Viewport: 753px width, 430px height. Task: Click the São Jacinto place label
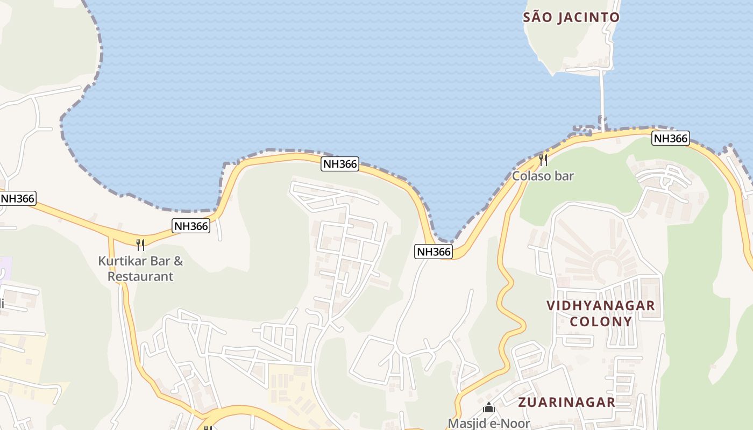click(x=571, y=17)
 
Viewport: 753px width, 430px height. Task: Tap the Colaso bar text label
click(x=543, y=176)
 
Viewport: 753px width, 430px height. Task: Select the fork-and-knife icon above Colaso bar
click(x=543, y=160)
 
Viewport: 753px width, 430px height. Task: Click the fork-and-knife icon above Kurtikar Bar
click(x=140, y=245)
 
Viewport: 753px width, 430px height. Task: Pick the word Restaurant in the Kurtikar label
click(x=140, y=277)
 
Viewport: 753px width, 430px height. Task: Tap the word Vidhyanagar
click(x=601, y=306)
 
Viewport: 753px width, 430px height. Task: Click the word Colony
click(x=601, y=321)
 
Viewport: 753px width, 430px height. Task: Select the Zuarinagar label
click(x=566, y=402)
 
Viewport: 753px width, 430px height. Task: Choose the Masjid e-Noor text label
click(x=489, y=423)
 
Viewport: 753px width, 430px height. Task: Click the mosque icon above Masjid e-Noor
click(x=488, y=408)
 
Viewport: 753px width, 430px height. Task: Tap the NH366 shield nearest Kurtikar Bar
click(x=191, y=226)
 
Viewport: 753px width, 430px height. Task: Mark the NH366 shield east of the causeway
click(x=670, y=138)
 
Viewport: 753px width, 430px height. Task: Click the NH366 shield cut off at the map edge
click(x=17, y=198)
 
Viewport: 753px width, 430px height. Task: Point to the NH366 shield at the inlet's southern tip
click(x=433, y=251)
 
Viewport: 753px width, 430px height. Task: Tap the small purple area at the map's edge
click(x=5, y=268)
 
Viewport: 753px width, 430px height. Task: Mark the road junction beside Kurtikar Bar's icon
click(x=111, y=238)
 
